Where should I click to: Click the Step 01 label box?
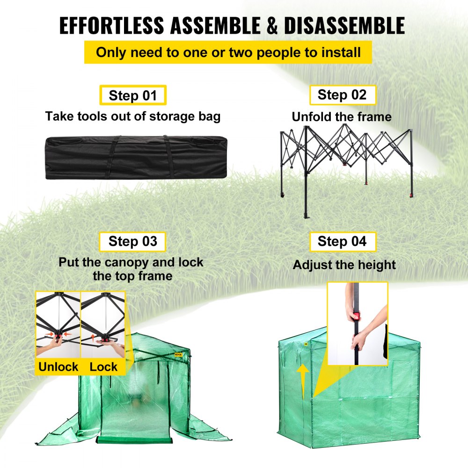click(x=132, y=95)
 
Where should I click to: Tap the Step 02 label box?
click(x=342, y=95)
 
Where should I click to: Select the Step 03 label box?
click(x=132, y=241)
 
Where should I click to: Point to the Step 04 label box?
click(x=342, y=241)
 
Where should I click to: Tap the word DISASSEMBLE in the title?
click(x=344, y=26)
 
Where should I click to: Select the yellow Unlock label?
click(x=58, y=366)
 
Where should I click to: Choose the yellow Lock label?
click(x=103, y=366)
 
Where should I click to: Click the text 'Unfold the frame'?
click(x=342, y=117)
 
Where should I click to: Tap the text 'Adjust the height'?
click(x=344, y=265)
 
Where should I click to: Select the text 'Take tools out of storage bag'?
click(x=132, y=116)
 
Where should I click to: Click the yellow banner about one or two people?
click(x=228, y=52)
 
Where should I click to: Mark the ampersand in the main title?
click(x=267, y=26)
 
